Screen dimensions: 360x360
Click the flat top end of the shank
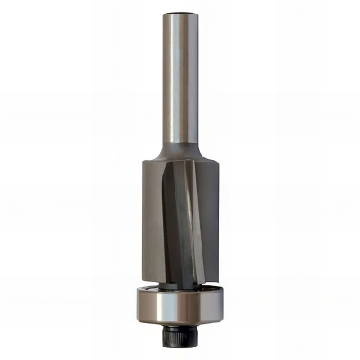(179, 13)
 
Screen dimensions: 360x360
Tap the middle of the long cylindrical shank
(179, 81)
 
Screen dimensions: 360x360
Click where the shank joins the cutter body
(180, 151)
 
